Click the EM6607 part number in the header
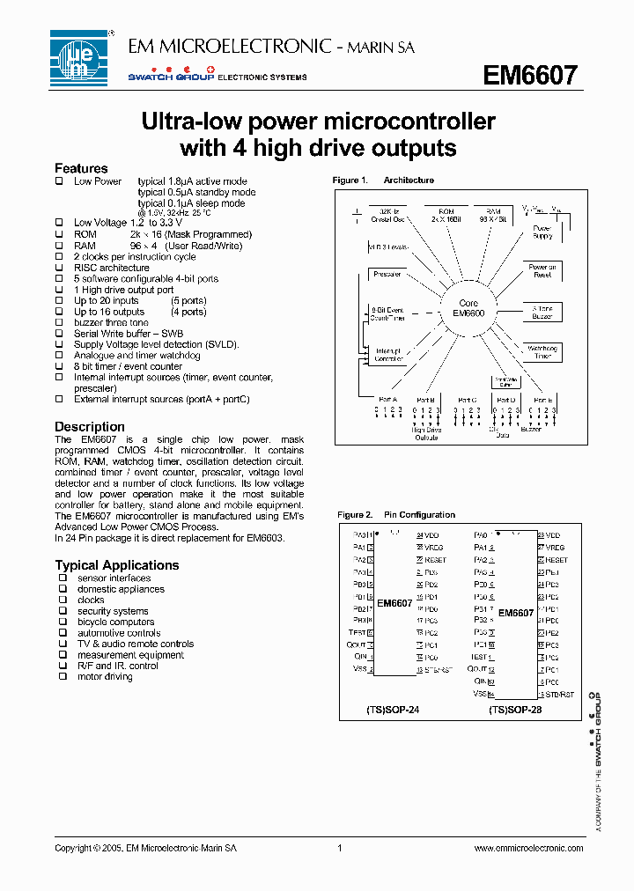tap(530, 76)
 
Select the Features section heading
tap(81, 168)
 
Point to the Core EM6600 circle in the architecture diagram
tap(468, 308)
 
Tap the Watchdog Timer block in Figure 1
tap(542, 352)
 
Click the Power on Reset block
tap(542, 270)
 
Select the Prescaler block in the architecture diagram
tap(387, 274)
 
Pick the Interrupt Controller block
tap(387, 354)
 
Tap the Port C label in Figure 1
tap(467, 400)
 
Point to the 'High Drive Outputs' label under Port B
tap(426, 433)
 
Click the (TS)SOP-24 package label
tap(392, 708)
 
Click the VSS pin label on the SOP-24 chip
tap(359, 669)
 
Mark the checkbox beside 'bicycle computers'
tap(63, 622)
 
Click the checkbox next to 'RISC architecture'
tap(60, 268)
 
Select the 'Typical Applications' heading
tap(116, 565)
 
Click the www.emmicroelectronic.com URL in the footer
tap(528, 848)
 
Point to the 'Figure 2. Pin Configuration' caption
tap(396, 515)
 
